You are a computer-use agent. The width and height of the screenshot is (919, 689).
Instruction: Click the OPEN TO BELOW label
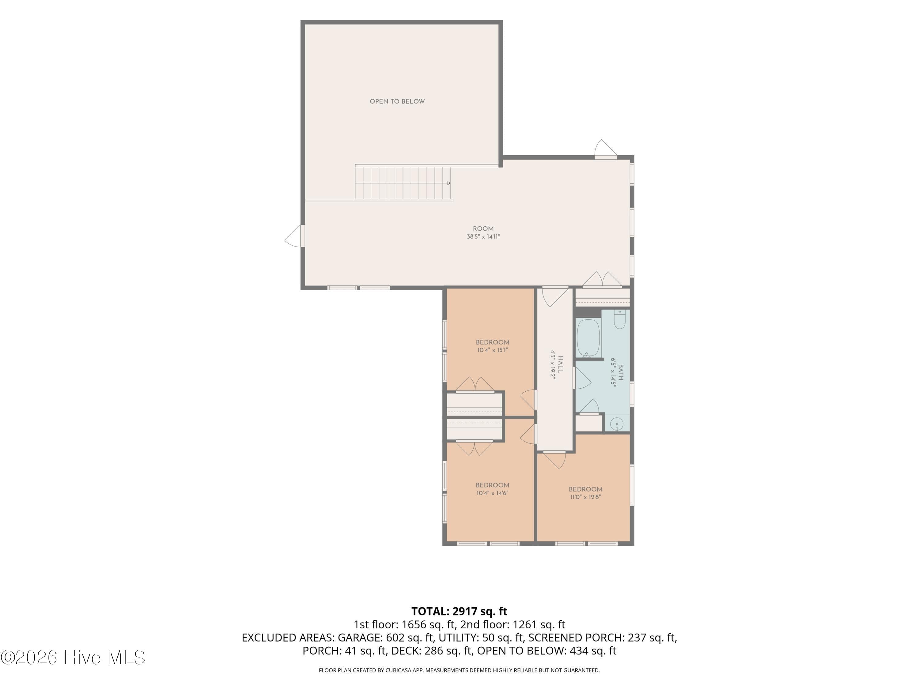397,101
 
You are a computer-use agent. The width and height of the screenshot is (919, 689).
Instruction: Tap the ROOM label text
483,228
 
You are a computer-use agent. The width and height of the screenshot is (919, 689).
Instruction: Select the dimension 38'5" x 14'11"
483,237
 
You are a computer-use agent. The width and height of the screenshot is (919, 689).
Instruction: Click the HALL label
561,364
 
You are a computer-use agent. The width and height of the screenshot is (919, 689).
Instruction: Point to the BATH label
621,373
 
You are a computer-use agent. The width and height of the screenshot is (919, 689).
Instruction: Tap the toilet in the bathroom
619,320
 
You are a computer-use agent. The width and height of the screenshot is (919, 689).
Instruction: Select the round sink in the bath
617,424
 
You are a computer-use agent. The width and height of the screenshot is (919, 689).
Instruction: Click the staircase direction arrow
449,183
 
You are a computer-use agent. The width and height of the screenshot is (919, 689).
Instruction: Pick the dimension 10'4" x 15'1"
493,350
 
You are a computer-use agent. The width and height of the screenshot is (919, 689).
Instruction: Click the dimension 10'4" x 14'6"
493,493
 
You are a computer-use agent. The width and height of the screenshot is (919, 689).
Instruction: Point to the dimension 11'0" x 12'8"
585,497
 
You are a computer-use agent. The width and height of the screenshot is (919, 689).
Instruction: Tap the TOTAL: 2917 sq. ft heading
459,611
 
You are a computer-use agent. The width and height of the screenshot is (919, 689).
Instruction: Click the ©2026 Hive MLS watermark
73,657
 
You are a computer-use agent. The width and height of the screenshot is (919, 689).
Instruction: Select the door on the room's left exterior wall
295,236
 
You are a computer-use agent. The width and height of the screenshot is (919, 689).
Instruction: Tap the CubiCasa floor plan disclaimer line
459,670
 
